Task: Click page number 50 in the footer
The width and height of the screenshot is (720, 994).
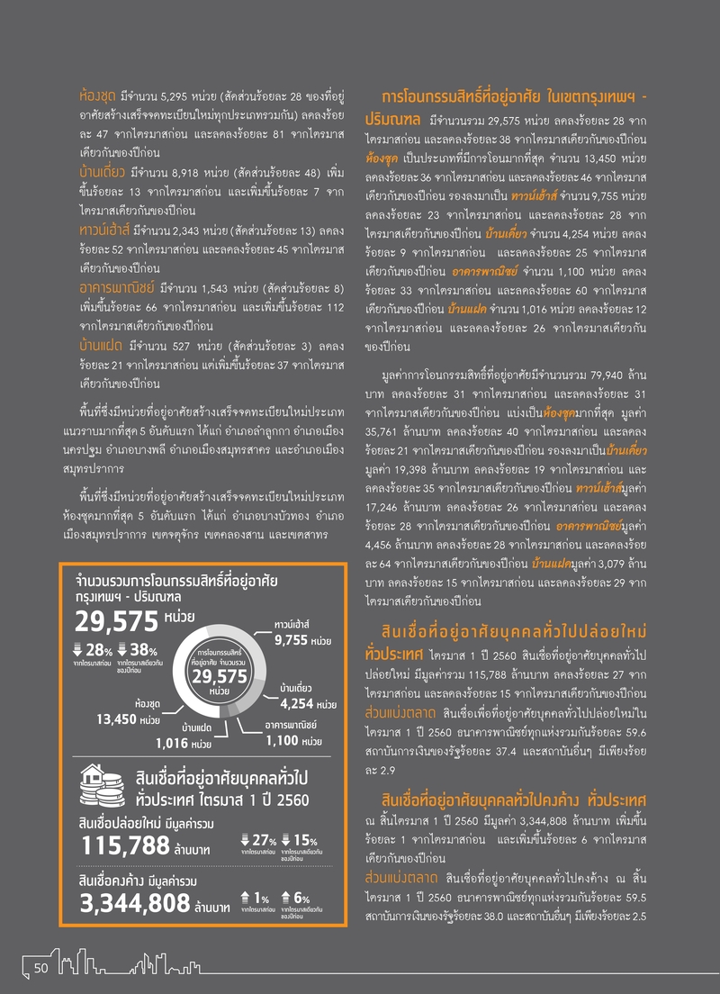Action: pyautogui.click(x=40, y=967)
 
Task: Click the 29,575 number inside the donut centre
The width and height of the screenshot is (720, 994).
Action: pyautogui.click(x=219, y=676)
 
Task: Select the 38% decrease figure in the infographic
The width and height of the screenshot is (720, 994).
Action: pyautogui.click(x=144, y=651)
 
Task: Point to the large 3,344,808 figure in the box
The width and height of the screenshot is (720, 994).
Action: pyautogui.click(x=135, y=904)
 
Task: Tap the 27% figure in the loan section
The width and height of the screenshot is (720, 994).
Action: pyautogui.click(x=263, y=840)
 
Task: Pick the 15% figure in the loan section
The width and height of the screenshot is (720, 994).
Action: pyautogui.click(x=304, y=840)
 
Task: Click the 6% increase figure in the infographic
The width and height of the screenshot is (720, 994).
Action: pyautogui.click(x=301, y=899)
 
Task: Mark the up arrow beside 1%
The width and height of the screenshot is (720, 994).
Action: pyautogui.click(x=246, y=897)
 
